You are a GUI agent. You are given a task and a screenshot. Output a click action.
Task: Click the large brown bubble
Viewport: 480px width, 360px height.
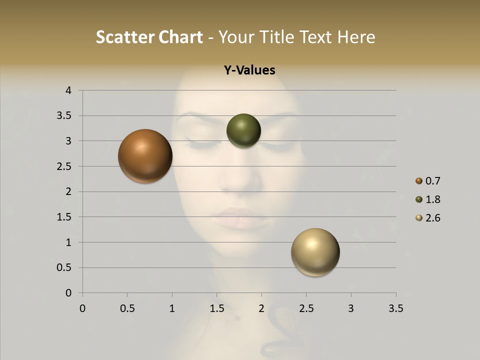click(145, 156)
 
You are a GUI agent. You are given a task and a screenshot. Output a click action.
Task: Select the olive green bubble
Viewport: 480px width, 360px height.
click(243, 130)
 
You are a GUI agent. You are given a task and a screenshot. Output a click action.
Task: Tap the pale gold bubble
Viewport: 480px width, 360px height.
click(315, 252)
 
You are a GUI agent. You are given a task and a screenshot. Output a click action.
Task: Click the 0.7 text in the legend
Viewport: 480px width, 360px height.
click(432, 181)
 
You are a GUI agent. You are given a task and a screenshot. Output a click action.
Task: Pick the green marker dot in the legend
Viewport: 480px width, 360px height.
click(419, 199)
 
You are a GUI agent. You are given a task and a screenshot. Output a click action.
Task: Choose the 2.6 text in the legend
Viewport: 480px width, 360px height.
click(432, 218)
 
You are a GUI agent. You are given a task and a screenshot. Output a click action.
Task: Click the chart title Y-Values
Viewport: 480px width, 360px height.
click(249, 70)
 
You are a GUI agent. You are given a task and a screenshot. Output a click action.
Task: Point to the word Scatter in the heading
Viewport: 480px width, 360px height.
click(124, 37)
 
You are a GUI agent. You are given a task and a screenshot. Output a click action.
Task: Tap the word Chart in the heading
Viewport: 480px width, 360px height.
click(180, 37)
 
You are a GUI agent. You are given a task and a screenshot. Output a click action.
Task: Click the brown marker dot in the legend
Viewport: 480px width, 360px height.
click(419, 181)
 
